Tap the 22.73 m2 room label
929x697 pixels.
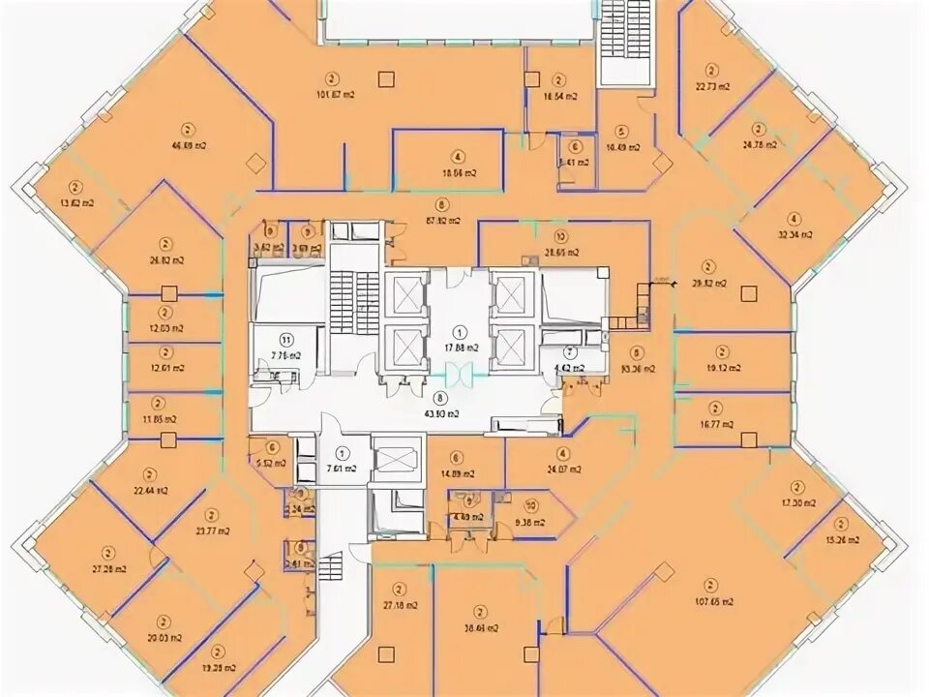pos(712,86)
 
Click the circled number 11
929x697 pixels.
pos(285,339)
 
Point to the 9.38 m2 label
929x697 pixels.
pos(530,523)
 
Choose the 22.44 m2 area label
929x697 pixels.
pos(150,491)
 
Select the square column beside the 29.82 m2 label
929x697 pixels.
pos(747,288)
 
